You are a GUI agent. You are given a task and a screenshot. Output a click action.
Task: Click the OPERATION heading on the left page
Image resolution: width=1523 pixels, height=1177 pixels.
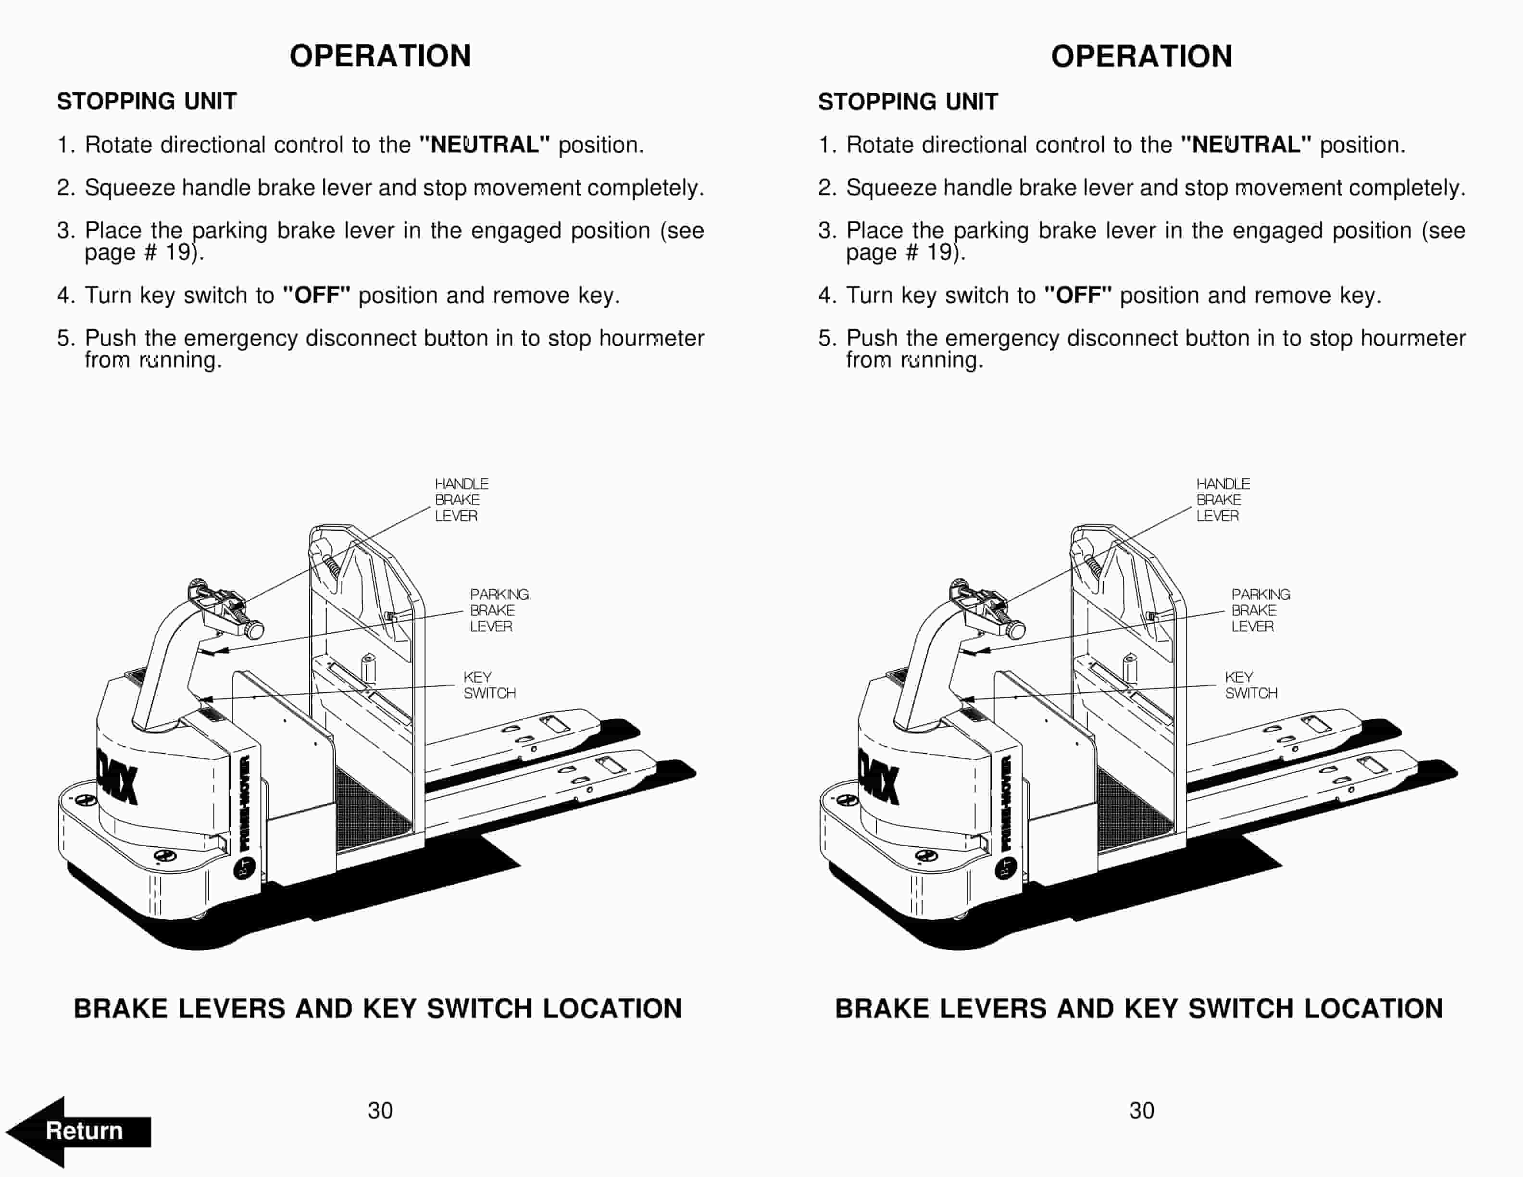(380, 56)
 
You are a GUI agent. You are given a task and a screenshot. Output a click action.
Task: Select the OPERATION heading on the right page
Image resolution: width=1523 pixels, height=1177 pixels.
(1142, 56)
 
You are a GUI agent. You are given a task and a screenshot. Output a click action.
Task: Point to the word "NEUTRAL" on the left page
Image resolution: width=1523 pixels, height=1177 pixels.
(484, 145)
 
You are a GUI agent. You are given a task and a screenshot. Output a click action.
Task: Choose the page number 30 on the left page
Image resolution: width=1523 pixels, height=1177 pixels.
(380, 1110)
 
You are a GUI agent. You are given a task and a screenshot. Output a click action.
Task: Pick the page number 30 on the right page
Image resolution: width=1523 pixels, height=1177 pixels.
(1142, 1110)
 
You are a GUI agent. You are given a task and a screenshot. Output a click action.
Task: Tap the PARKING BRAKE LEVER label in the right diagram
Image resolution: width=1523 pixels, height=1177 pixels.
(1260, 610)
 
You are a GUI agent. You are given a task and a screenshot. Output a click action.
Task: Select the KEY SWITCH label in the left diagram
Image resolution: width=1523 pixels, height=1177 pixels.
(489, 685)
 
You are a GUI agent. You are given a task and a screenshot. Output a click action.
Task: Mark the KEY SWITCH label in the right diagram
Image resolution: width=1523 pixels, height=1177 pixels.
(1250, 685)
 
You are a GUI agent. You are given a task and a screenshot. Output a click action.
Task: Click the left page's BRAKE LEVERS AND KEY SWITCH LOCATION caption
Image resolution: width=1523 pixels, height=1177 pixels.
(377, 1008)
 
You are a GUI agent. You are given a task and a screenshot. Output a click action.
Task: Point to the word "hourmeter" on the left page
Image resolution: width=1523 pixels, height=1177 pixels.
(651, 338)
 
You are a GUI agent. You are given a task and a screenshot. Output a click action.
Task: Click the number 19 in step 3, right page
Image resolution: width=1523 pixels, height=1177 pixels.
(938, 252)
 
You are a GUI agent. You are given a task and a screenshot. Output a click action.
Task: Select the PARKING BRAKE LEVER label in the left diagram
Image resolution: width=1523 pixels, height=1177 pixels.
(498, 610)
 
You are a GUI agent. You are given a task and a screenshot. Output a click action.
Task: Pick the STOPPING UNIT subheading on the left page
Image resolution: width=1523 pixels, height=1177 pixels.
(147, 102)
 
